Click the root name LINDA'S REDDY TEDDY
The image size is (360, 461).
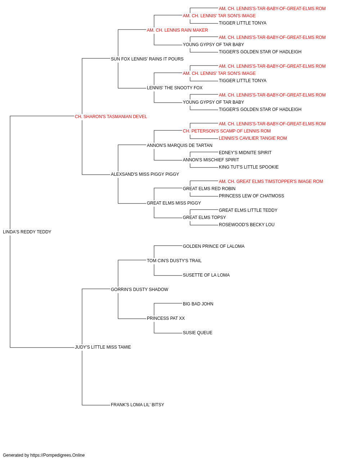pos(27,232)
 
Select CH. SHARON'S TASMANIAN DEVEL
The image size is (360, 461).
pos(111,117)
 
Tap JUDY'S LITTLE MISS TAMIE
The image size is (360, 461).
pos(103,347)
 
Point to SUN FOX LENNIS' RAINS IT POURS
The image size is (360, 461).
pos(147,59)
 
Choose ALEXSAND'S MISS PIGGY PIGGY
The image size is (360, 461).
pos(145,174)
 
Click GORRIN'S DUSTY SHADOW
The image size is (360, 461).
pos(140,290)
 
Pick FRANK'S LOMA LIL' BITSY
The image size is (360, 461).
pos(138,405)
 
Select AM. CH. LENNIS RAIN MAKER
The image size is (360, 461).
pos(177,30)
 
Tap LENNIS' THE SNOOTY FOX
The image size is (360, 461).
pos(175,88)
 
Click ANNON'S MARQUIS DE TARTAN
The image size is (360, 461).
pos(180,146)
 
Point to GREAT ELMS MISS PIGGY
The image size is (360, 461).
pos(174,203)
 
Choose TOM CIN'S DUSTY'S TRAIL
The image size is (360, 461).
pos(174,261)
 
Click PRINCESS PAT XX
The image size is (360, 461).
pos(166,318)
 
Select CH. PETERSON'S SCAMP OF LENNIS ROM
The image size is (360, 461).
pos(227,131)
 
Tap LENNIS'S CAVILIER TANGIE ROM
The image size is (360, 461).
pos(253,138)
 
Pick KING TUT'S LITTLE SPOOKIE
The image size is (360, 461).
pos(249,167)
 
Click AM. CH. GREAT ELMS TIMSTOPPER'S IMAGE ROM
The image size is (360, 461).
pos(271,182)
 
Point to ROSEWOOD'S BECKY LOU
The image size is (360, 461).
pos(247,225)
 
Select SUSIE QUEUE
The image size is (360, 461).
pos(197,333)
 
